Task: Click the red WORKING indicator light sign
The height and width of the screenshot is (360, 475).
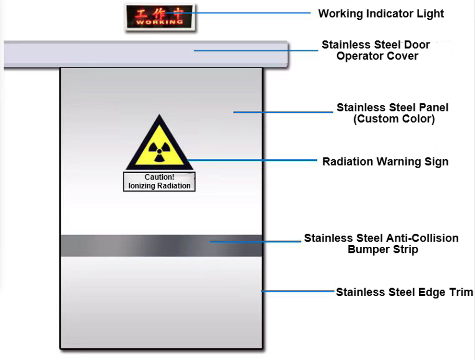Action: point(160,17)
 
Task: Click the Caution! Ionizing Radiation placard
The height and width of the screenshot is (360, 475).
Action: point(159,181)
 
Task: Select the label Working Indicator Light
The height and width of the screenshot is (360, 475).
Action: point(381,14)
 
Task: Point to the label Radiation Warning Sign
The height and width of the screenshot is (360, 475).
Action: point(385,162)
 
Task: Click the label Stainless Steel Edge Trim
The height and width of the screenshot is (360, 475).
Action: point(404,292)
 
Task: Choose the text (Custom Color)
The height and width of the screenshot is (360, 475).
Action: point(394,119)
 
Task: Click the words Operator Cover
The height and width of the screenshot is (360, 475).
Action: point(377,56)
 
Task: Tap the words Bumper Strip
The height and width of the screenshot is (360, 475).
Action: point(382,250)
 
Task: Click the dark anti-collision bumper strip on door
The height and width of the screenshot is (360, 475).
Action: point(119,246)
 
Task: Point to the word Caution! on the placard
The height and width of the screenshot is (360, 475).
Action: point(159,177)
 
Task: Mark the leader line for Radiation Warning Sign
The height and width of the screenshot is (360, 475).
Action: point(253,160)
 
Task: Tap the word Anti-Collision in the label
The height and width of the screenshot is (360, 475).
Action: point(421,238)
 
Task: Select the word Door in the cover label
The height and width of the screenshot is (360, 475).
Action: point(416,45)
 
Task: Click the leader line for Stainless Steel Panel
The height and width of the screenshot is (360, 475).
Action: point(283,112)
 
